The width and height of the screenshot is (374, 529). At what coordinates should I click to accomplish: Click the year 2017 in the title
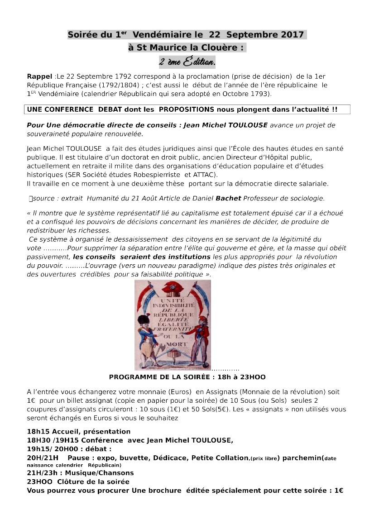(x=292, y=35)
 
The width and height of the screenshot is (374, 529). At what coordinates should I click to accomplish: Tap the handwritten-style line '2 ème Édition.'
(x=187, y=61)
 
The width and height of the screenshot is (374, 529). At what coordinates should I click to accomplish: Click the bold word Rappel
(x=39, y=76)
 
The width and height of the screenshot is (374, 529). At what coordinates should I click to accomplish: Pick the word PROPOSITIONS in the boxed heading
(x=187, y=110)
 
